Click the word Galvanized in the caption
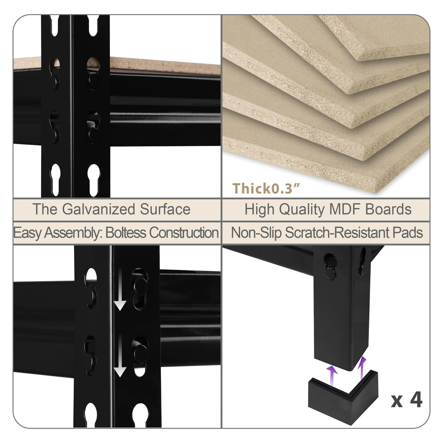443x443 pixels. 99,209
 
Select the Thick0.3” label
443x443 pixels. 266,188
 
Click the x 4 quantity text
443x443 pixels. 407,400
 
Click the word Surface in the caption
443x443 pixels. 165,209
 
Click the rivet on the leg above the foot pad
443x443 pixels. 330,272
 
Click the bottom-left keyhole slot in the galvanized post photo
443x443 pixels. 55,179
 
